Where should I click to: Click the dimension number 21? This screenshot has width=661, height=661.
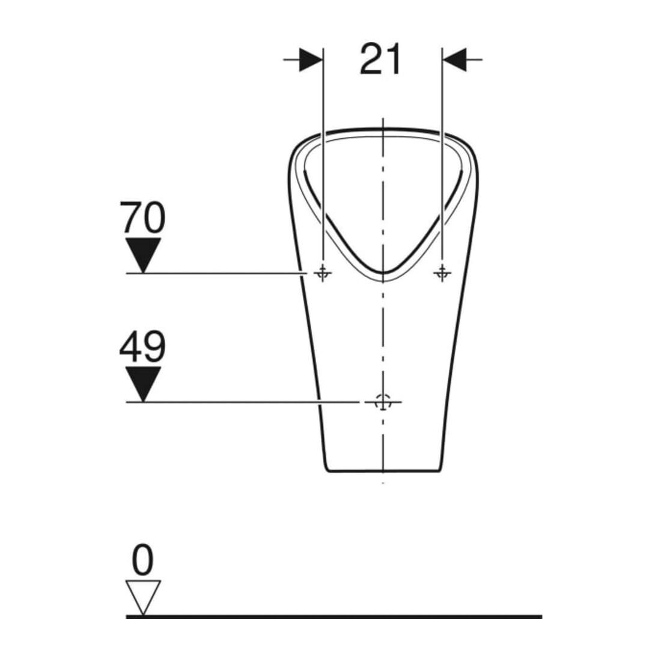[380, 59]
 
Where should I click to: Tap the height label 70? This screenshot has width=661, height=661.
[142, 218]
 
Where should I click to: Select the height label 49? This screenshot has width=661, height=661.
[142, 346]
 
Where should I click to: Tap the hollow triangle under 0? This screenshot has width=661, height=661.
[143, 597]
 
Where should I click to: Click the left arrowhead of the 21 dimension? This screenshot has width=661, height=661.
[311, 59]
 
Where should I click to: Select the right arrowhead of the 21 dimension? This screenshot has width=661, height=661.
[454, 59]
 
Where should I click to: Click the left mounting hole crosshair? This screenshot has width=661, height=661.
[323, 273]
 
